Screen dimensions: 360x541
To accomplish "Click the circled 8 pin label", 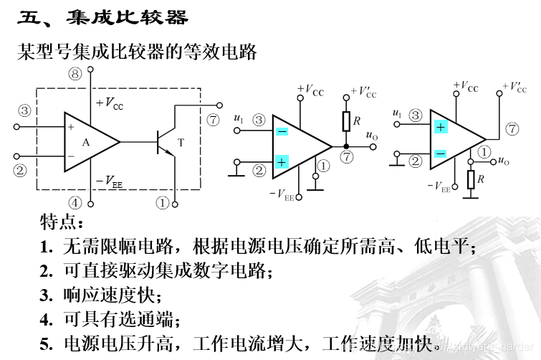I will (x=75, y=72).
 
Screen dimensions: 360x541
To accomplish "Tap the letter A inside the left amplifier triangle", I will (x=85, y=142).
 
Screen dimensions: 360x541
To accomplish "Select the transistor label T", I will (x=181, y=143).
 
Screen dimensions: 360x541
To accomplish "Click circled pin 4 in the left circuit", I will (x=75, y=202).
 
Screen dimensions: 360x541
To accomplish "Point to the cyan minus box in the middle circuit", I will (x=282, y=131).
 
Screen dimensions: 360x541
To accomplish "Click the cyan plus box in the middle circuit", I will (x=282, y=162).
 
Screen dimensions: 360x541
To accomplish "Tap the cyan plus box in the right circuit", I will (x=440, y=127).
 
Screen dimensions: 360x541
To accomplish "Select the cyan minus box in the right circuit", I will (x=440, y=153).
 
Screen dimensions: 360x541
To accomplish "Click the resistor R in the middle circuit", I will (x=345, y=121).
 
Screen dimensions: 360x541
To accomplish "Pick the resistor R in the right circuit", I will (x=470, y=179).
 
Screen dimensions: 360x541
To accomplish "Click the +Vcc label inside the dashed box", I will (x=109, y=103).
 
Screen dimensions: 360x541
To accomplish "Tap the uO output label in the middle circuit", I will (x=371, y=135).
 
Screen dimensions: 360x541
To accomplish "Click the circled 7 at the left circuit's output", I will (x=213, y=120).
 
